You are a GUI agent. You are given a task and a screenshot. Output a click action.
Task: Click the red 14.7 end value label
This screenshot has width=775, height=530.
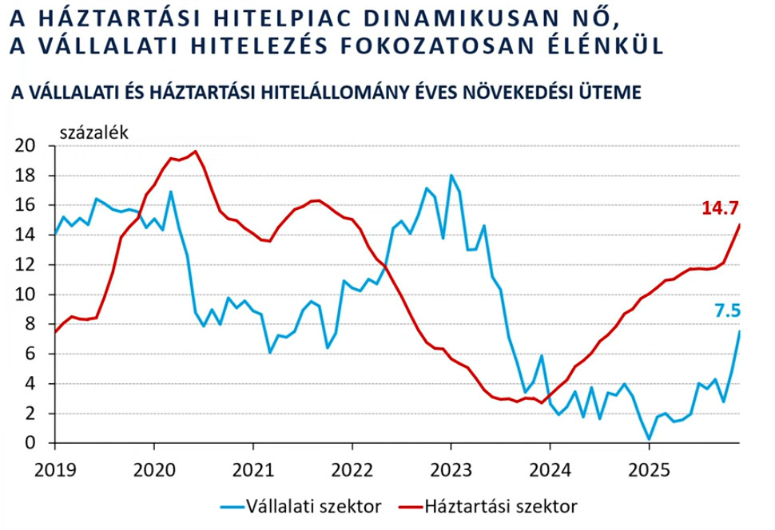(719, 208)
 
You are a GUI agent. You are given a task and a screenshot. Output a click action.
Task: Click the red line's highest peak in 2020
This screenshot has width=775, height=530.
(196, 152)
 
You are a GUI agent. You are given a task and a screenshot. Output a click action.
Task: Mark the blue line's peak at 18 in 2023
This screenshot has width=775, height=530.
(451, 175)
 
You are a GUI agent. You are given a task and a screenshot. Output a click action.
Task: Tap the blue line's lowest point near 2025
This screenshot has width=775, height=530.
(650, 438)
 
